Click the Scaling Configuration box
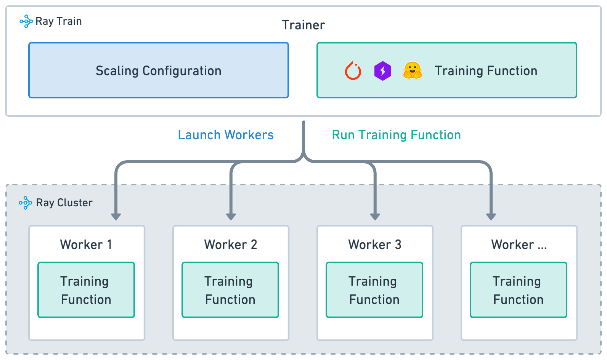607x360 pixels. [x=158, y=71]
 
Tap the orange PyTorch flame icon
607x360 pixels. [x=353, y=71]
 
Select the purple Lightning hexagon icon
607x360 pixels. [x=382, y=71]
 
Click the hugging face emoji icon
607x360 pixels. [x=412, y=71]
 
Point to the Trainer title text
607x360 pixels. [x=303, y=25]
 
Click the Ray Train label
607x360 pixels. [x=58, y=21]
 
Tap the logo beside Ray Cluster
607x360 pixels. [x=26, y=203]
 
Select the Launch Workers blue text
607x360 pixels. [x=225, y=135]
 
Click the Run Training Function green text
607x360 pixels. [x=396, y=135]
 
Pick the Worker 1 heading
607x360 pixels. [x=86, y=244]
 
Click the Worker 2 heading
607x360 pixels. [x=230, y=244]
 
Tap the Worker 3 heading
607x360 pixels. [x=374, y=244]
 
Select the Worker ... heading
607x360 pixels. [x=519, y=244]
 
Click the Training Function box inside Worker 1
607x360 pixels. [x=86, y=290]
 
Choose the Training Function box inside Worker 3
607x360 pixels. [x=374, y=290]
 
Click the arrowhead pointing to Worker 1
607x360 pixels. [x=116, y=217]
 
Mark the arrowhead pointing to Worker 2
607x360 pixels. [x=231, y=217]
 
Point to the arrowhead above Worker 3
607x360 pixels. [x=375, y=217]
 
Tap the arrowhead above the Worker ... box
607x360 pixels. [x=491, y=217]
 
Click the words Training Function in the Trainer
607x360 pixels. [x=486, y=71]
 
